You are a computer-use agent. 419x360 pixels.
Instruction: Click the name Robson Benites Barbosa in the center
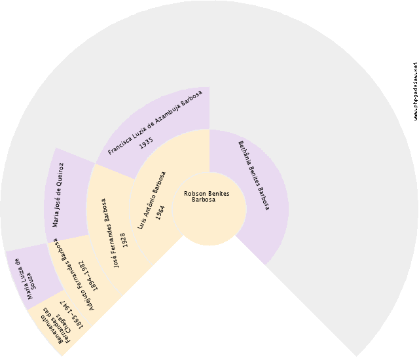tap(206, 196)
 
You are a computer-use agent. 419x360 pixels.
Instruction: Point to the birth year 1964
tap(160, 212)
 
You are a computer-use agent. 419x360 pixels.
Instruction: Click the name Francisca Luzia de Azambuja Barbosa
tap(155, 122)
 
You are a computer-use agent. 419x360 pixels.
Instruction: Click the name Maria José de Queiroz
tap(58, 194)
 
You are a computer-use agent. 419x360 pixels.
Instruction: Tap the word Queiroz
tap(60, 175)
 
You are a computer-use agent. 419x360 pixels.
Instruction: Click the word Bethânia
tap(244, 153)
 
